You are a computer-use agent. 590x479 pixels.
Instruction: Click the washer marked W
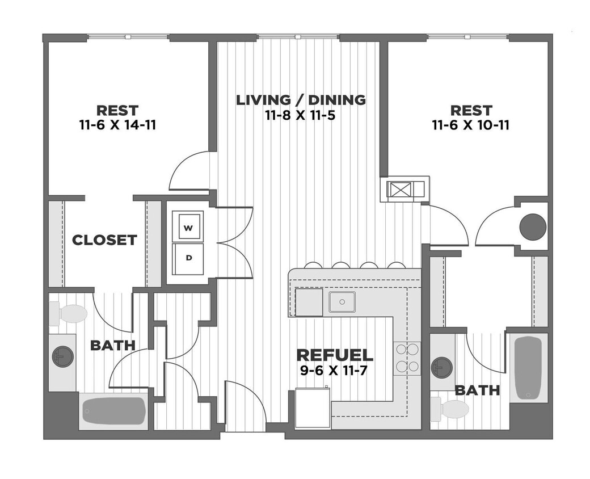click(x=189, y=226)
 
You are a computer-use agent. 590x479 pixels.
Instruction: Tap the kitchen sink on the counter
click(x=342, y=302)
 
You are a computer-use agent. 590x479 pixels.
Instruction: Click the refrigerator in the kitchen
click(x=313, y=407)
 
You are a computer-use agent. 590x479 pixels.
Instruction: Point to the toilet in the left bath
click(x=69, y=313)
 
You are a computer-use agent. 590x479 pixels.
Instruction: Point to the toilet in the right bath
click(x=450, y=409)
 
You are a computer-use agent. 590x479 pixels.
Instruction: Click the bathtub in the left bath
click(x=114, y=410)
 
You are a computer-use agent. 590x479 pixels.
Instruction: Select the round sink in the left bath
click(x=62, y=356)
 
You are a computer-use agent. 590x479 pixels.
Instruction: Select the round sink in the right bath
click(x=442, y=367)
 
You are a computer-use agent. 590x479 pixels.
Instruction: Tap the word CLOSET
click(x=104, y=240)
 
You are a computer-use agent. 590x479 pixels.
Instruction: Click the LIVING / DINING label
click(x=301, y=100)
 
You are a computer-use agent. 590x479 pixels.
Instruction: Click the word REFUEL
click(x=335, y=355)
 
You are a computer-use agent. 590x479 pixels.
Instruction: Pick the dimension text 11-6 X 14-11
click(x=117, y=124)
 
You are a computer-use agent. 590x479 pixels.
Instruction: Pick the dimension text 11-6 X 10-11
click(x=470, y=124)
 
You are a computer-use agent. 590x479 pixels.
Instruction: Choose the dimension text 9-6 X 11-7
click(x=335, y=372)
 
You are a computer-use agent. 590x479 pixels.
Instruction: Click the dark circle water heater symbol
click(x=533, y=226)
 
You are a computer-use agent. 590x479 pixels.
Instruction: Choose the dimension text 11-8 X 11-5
click(x=301, y=115)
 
